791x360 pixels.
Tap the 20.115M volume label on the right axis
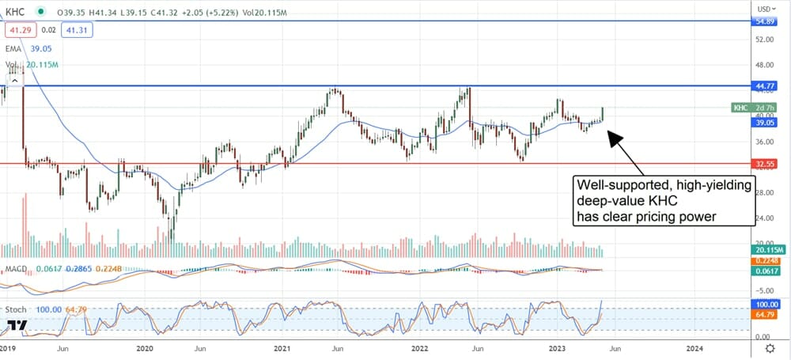[x=767, y=251]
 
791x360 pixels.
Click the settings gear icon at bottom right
[x=769, y=348]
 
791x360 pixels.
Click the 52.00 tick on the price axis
[x=764, y=39]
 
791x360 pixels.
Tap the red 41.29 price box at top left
[x=17, y=29]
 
